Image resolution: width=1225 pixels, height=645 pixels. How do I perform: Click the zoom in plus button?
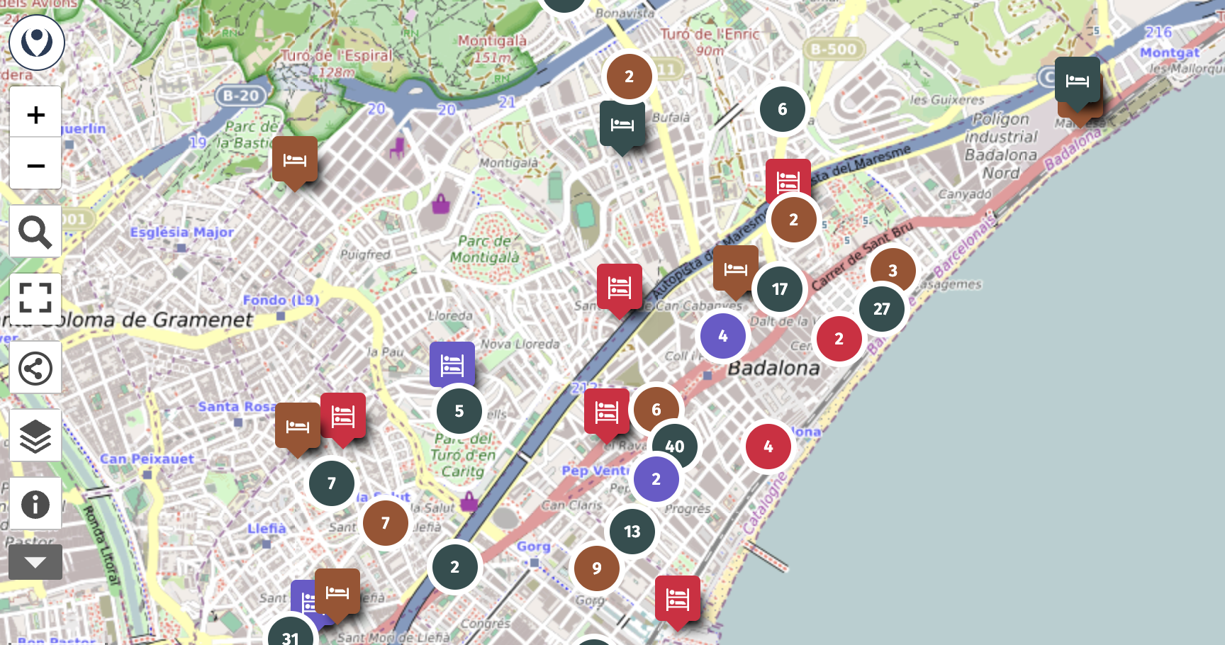pyautogui.click(x=35, y=114)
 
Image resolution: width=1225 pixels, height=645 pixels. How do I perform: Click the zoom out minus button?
pyautogui.click(x=35, y=165)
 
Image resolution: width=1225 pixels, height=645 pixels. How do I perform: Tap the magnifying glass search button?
pyautogui.click(x=35, y=232)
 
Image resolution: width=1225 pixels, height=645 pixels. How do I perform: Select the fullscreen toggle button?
pyautogui.click(x=35, y=298)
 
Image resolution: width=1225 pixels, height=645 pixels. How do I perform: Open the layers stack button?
pyautogui.click(x=35, y=437)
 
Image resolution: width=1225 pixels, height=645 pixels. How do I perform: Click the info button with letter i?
pyautogui.click(x=35, y=505)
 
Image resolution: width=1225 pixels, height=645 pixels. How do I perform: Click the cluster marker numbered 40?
pyautogui.click(x=674, y=447)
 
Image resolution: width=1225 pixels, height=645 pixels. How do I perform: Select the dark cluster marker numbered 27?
pyautogui.click(x=881, y=309)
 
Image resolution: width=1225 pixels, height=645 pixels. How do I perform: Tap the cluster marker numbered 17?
pyautogui.click(x=779, y=289)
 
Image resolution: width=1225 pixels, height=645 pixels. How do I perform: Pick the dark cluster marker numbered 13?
pyautogui.click(x=632, y=532)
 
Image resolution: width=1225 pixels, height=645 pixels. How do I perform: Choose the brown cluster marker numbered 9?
pyautogui.click(x=596, y=568)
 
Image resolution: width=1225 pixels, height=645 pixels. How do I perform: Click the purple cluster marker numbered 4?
pyautogui.click(x=722, y=336)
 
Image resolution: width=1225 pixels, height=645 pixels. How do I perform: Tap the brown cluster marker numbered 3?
pyautogui.click(x=893, y=271)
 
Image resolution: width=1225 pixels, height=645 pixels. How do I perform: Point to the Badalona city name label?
pyautogui.click(x=773, y=368)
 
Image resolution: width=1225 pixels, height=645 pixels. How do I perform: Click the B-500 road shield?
pyautogui.click(x=833, y=49)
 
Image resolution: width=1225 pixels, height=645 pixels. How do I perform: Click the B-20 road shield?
pyautogui.click(x=240, y=96)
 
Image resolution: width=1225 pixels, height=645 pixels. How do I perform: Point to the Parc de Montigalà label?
pyautogui.click(x=485, y=249)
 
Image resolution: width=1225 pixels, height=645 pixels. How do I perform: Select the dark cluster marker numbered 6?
pyautogui.click(x=782, y=109)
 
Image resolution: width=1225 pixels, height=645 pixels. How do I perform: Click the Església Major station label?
pyautogui.click(x=181, y=232)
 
